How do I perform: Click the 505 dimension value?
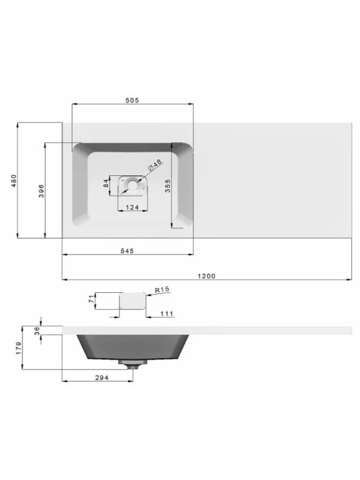[132, 101]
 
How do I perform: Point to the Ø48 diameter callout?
[155, 165]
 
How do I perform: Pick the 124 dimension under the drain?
[132, 207]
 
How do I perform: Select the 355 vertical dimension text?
[169, 187]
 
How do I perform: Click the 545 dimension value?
[127, 250]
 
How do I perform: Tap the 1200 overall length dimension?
[206, 276]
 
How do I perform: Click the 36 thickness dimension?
[36, 330]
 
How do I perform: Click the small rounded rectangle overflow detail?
[133, 301]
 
